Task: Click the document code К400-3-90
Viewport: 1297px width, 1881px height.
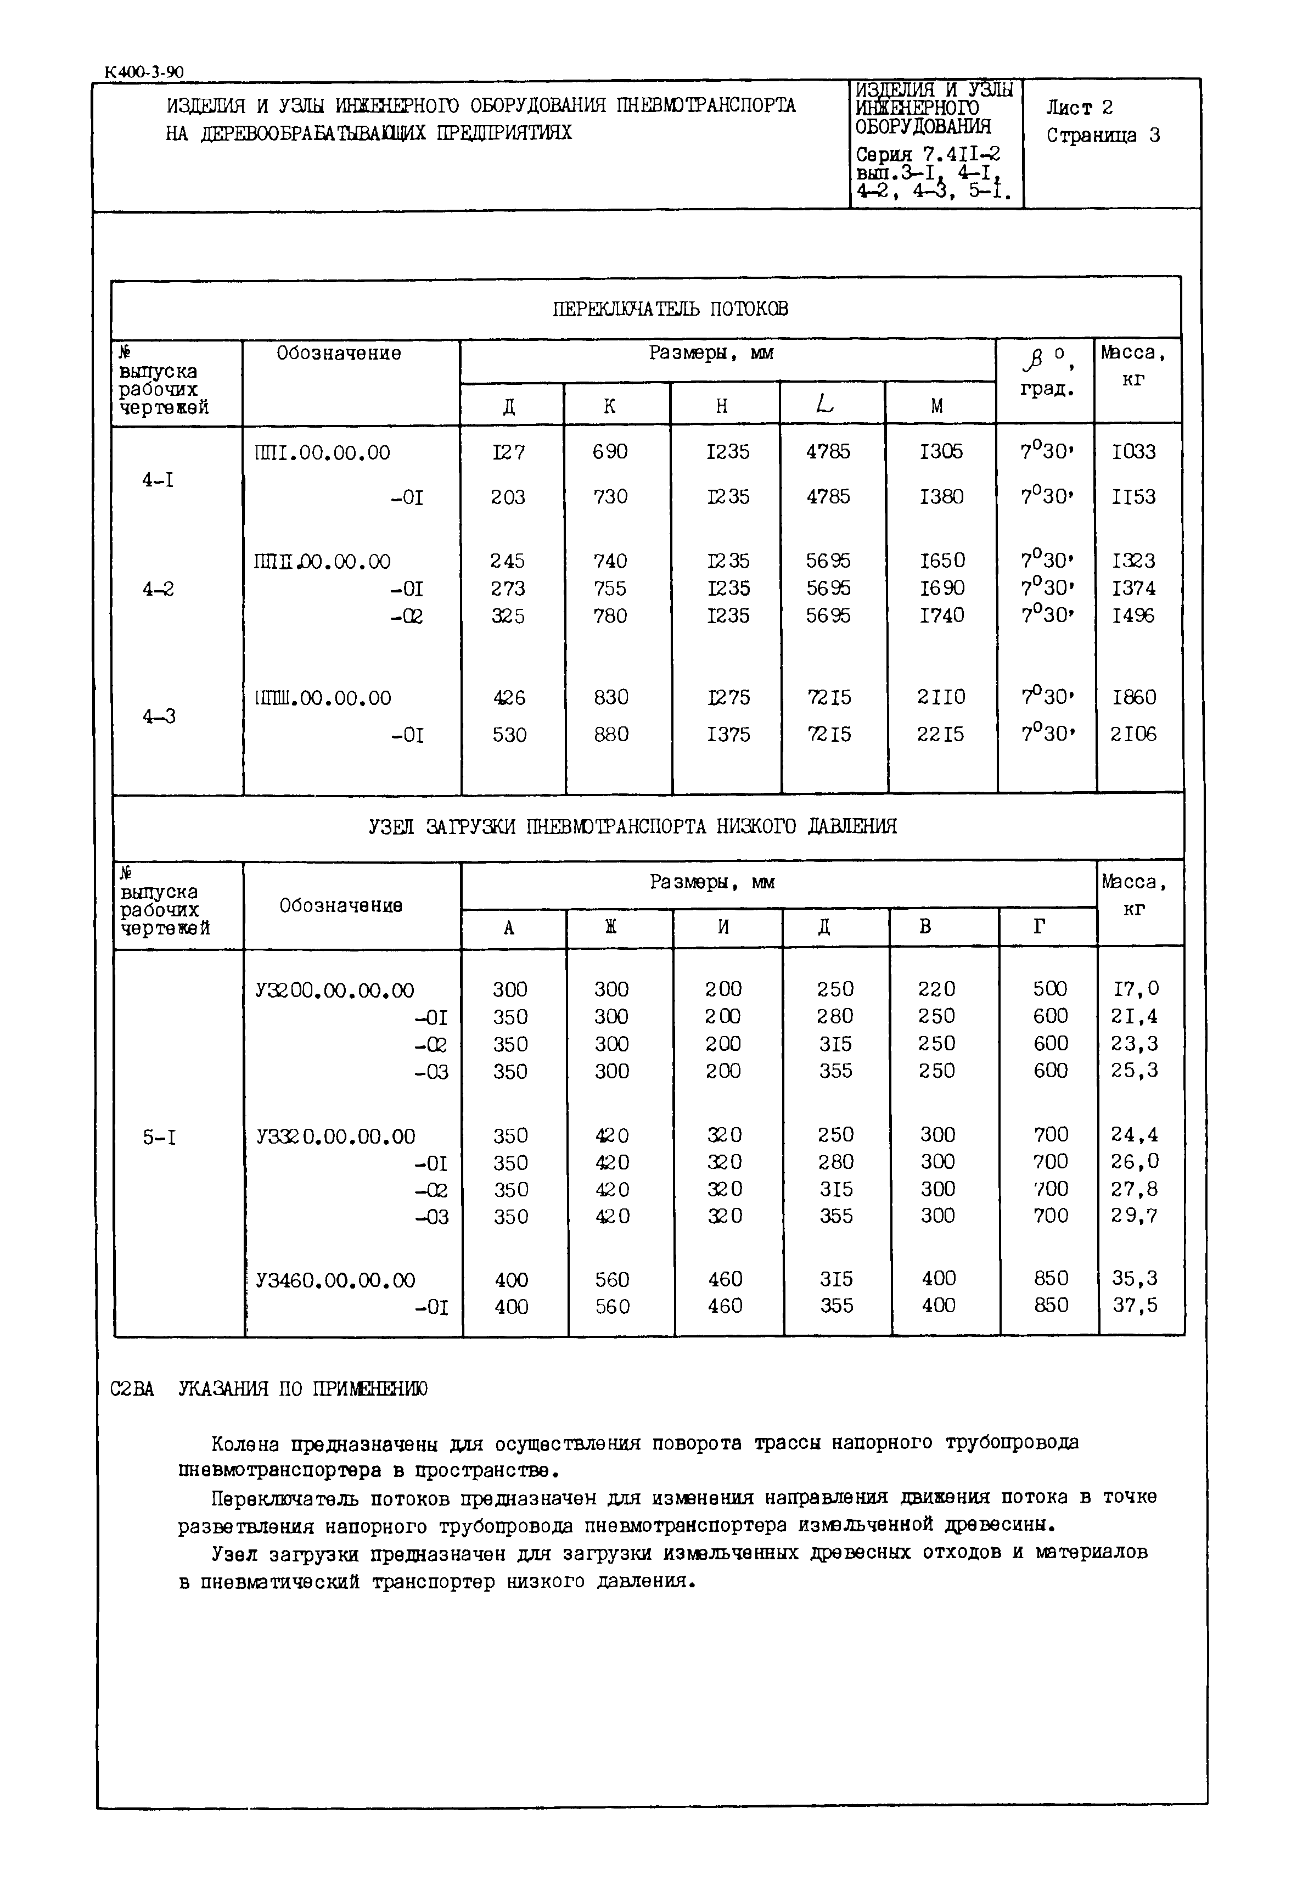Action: click(x=144, y=71)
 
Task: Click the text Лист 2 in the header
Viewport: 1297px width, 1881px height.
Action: click(x=1079, y=107)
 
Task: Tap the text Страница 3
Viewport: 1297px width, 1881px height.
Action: click(x=1103, y=136)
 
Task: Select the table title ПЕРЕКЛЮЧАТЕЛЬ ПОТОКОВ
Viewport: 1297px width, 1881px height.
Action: click(x=670, y=309)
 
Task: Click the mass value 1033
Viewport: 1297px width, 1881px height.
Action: click(x=1133, y=451)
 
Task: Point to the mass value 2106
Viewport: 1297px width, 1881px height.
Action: click(x=1133, y=734)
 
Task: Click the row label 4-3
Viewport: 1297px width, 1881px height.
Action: click(x=159, y=716)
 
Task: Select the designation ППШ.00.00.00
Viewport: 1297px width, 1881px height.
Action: click(x=323, y=697)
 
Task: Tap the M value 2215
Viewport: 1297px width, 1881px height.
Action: click(x=941, y=734)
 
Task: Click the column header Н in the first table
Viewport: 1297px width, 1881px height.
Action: click(x=722, y=406)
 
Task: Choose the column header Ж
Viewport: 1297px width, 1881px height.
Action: click(x=611, y=927)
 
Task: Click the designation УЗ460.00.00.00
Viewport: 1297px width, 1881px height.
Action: click(x=335, y=1280)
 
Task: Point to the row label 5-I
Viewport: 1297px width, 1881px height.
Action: click(x=159, y=1137)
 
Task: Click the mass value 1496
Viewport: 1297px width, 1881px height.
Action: click(x=1133, y=615)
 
